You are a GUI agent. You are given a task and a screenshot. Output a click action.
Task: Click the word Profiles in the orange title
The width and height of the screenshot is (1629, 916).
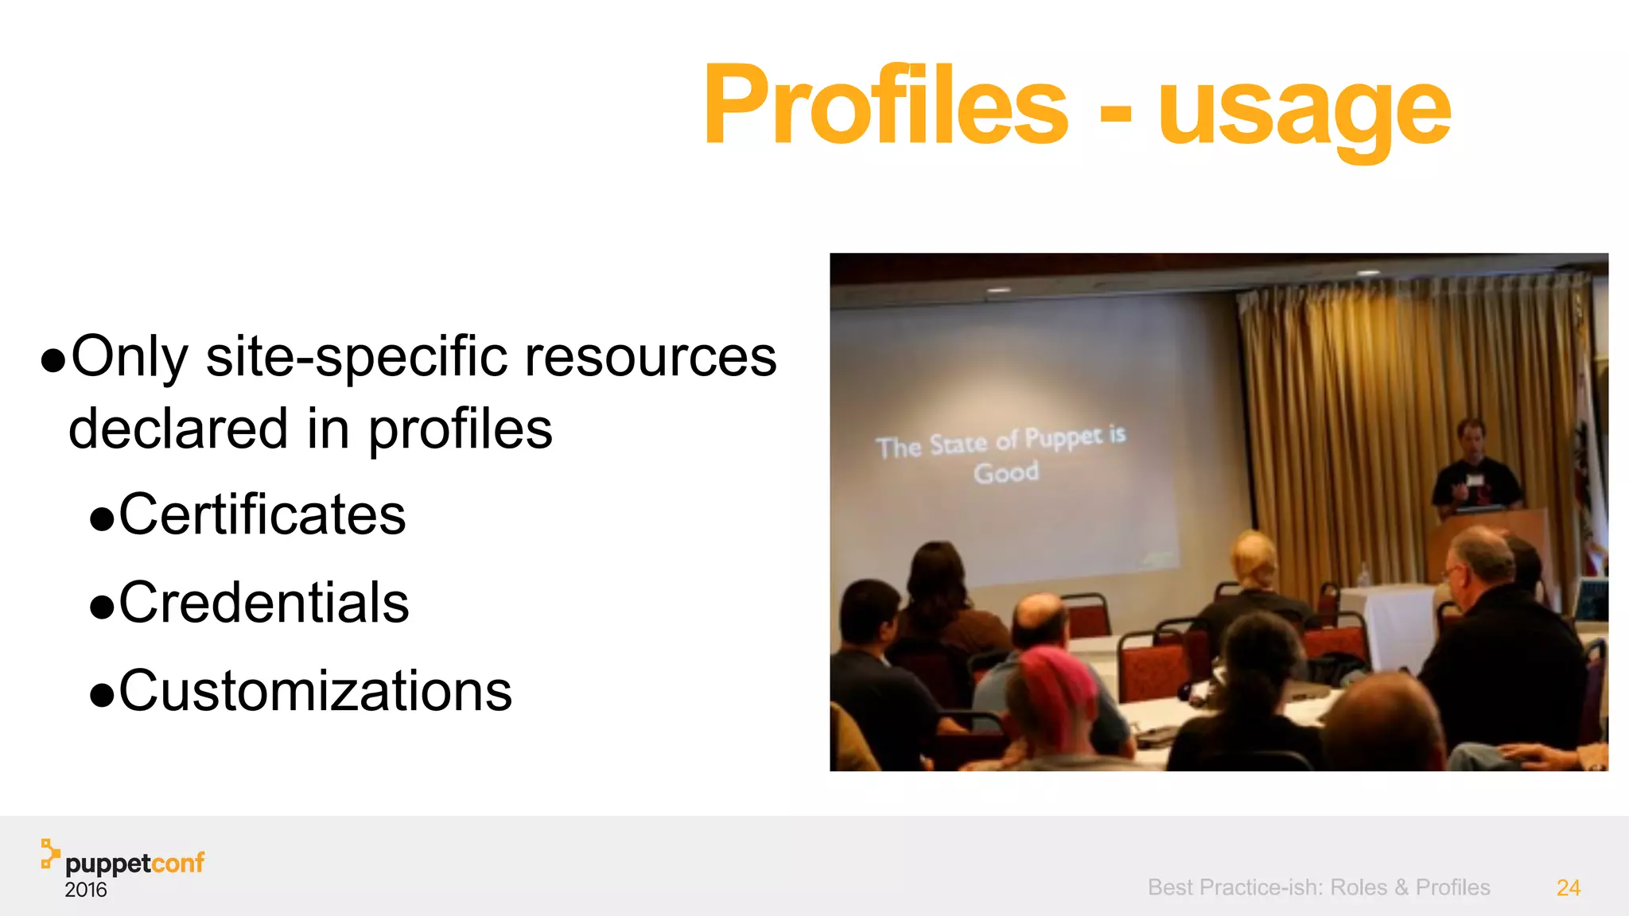tap(885, 106)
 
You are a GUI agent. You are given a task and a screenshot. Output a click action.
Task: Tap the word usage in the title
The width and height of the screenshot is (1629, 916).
tap(1304, 111)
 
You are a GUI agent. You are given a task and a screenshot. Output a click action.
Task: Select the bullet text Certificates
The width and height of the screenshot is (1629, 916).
tap(262, 514)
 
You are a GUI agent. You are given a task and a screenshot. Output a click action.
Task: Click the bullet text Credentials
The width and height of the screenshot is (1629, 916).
tap(264, 603)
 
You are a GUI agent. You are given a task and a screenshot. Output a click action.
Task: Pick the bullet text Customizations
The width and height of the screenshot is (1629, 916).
tap(316, 691)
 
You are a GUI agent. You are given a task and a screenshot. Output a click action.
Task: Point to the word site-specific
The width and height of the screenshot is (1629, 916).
tap(356, 358)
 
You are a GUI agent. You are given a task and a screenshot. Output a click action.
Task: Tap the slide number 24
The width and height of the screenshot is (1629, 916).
tap(1568, 887)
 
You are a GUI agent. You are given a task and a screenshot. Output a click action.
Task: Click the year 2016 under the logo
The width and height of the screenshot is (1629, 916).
tap(86, 890)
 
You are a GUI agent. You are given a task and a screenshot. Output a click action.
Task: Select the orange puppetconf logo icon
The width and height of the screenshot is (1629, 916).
tap(50, 853)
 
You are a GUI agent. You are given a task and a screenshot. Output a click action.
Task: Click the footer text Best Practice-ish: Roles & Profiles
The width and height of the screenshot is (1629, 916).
tap(1319, 887)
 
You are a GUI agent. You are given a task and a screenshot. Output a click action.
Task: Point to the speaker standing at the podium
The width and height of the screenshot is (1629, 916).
tap(1473, 469)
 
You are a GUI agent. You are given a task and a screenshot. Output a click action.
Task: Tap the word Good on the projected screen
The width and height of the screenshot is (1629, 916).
tap(1006, 473)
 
